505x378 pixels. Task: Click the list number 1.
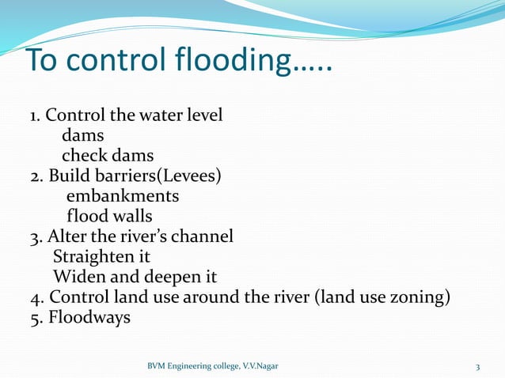pyautogui.click(x=34, y=115)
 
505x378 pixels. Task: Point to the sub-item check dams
pyautogui.click(x=108, y=155)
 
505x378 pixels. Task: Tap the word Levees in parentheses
pyautogui.click(x=189, y=175)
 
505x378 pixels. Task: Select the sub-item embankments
pyautogui.click(x=123, y=195)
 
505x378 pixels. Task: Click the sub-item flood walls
pyautogui.click(x=109, y=215)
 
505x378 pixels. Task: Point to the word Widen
pyautogui.click(x=78, y=277)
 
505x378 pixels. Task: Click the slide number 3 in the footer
pyautogui.click(x=478, y=367)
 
